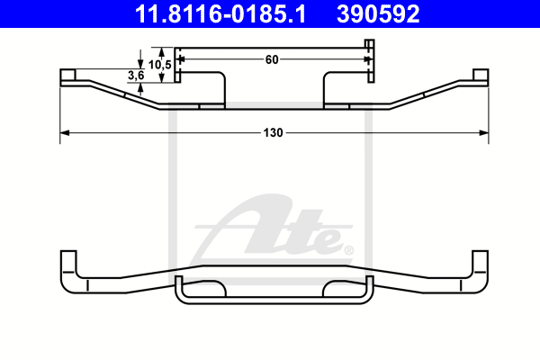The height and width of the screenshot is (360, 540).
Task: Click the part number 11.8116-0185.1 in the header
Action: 220,14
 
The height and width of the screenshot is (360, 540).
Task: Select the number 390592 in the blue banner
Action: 378,14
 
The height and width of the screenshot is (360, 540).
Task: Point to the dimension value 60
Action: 272,59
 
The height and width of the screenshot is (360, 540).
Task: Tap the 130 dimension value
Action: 273,132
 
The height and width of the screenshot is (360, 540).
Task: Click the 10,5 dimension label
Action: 160,65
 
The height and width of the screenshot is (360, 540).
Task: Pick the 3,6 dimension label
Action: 136,75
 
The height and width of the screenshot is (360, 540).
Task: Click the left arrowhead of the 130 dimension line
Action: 65,132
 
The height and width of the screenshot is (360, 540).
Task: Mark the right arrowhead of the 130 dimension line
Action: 484,132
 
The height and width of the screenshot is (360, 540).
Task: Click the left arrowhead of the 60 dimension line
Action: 182,59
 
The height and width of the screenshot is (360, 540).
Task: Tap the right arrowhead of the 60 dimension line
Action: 368,59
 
